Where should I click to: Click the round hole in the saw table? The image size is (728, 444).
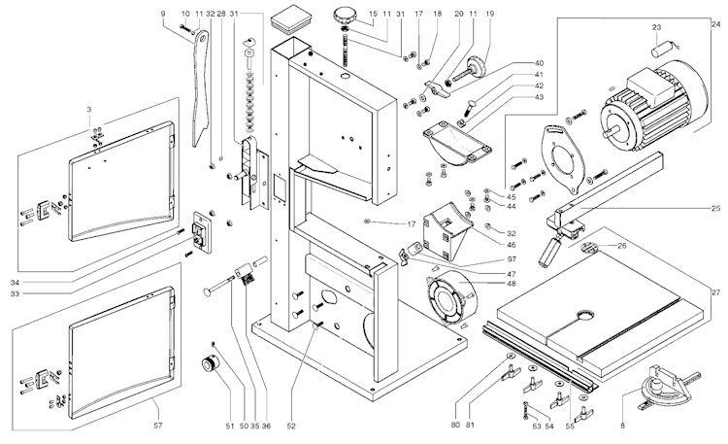coord(586,316)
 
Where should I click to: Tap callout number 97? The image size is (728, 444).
coord(511,260)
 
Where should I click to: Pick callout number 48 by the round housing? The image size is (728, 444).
coord(511,284)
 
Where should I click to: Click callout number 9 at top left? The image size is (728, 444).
coord(163,13)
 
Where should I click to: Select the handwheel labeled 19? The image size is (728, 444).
coord(477,66)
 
